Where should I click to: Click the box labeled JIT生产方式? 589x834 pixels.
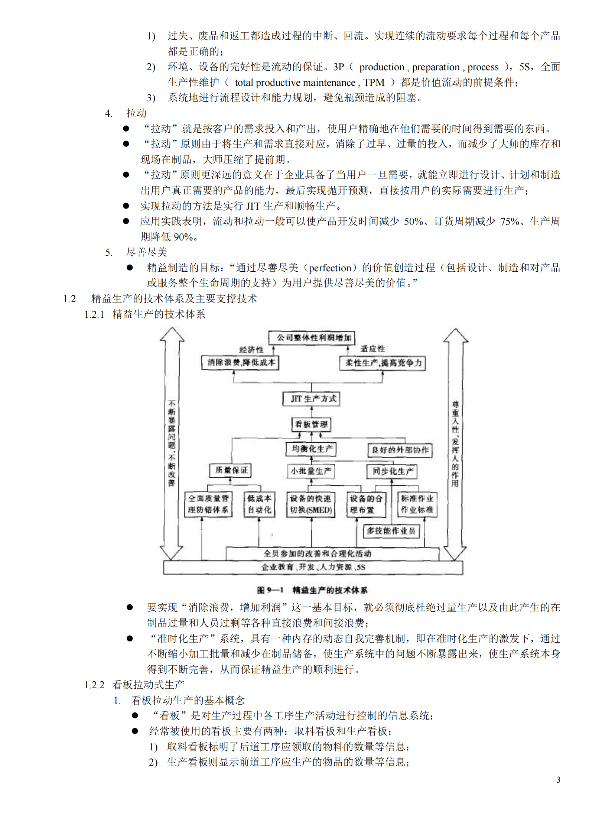pyautogui.click(x=311, y=399)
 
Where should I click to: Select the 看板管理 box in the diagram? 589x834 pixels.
pyautogui.click(x=311, y=424)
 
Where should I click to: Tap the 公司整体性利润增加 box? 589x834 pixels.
pyautogui.click(x=312, y=338)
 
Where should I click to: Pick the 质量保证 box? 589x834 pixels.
pyautogui.click(x=231, y=470)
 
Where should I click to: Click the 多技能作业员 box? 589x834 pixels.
pyautogui.click(x=391, y=531)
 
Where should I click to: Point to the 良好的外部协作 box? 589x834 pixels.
pyautogui.click(x=400, y=450)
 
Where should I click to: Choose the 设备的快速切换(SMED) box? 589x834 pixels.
pyautogui.click(x=311, y=504)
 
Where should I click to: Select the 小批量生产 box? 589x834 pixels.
pyautogui.click(x=311, y=471)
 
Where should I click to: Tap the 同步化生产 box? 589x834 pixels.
pyautogui.click(x=392, y=471)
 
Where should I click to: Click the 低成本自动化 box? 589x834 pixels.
pyautogui.click(x=259, y=504)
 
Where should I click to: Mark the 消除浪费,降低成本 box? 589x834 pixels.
pyautogui.click(x=240, y=362)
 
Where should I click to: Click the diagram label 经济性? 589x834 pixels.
pyautogui.click(x=251, y=350)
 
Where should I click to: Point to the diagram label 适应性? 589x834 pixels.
pyautogui.click(x=372, y=349)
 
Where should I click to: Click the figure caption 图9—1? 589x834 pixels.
pyautogui.click(x=270, y=590)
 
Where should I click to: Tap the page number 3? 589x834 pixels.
pyautogui.click(x=558, y=780)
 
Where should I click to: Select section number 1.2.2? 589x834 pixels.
pyautogui.click(x=94, y=685)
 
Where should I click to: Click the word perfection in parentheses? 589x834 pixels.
pyautogui.click(x=330, y=268)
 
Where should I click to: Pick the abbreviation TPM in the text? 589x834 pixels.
pyautogui.click(x=374, y=83)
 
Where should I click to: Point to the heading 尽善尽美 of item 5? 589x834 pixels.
pyautogui.click(x=147, y=252)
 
